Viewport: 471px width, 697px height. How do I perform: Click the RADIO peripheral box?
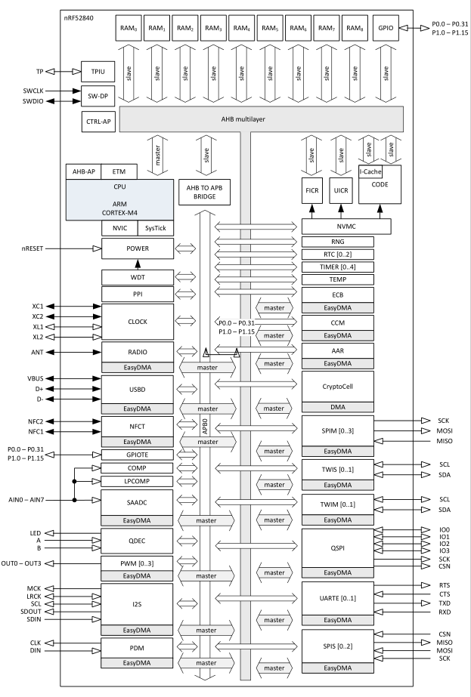(x=137, y=351)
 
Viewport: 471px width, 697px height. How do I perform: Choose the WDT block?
(x=137, y=278)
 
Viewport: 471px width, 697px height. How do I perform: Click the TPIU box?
(x=97, y=72)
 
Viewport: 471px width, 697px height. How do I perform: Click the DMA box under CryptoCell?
(x=337, y=409)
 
